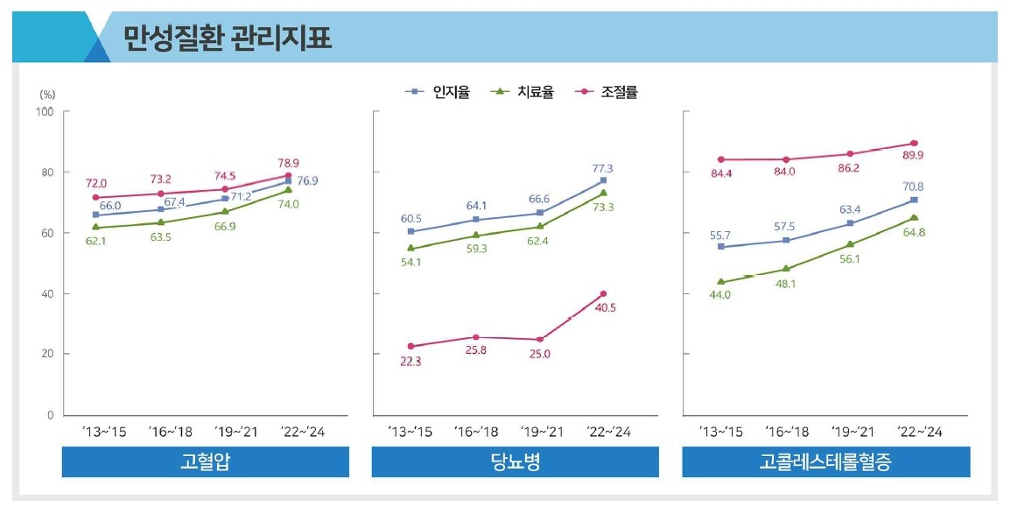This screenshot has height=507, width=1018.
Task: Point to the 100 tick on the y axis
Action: click(44, 111)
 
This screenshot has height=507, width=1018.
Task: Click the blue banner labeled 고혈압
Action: click(205, 462)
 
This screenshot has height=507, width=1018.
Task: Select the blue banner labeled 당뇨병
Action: click(516, 462)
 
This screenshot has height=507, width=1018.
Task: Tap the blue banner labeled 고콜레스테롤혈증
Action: click(825, 462)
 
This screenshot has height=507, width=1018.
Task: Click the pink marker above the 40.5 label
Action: click(603, 293)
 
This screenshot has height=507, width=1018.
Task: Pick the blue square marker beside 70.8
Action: click(914, 200)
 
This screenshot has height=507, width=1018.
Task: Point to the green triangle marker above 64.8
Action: click(914, 218)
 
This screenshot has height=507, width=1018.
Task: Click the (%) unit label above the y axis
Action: click(48, 93)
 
